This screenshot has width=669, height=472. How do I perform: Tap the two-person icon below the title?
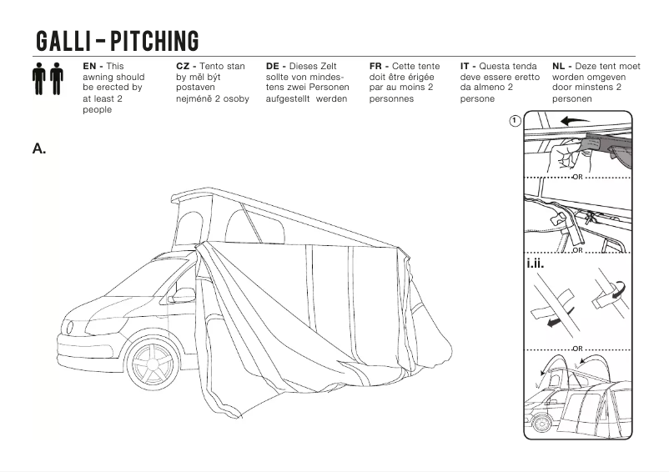point(48,78)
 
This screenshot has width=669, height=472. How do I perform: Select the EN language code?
point(91,66)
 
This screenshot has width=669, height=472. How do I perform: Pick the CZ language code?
point(184,66)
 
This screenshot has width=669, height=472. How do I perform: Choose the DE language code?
point(274,66)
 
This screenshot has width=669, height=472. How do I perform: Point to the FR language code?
point(376,66)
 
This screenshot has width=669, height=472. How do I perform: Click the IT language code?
point(466,66)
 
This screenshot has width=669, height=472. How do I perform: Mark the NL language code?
point(560,66)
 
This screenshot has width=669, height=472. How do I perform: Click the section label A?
point(39,148)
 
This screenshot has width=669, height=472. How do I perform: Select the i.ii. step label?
point(537,264)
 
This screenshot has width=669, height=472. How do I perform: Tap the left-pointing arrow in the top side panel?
point(575,121)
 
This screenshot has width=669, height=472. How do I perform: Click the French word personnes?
point(391,98)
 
